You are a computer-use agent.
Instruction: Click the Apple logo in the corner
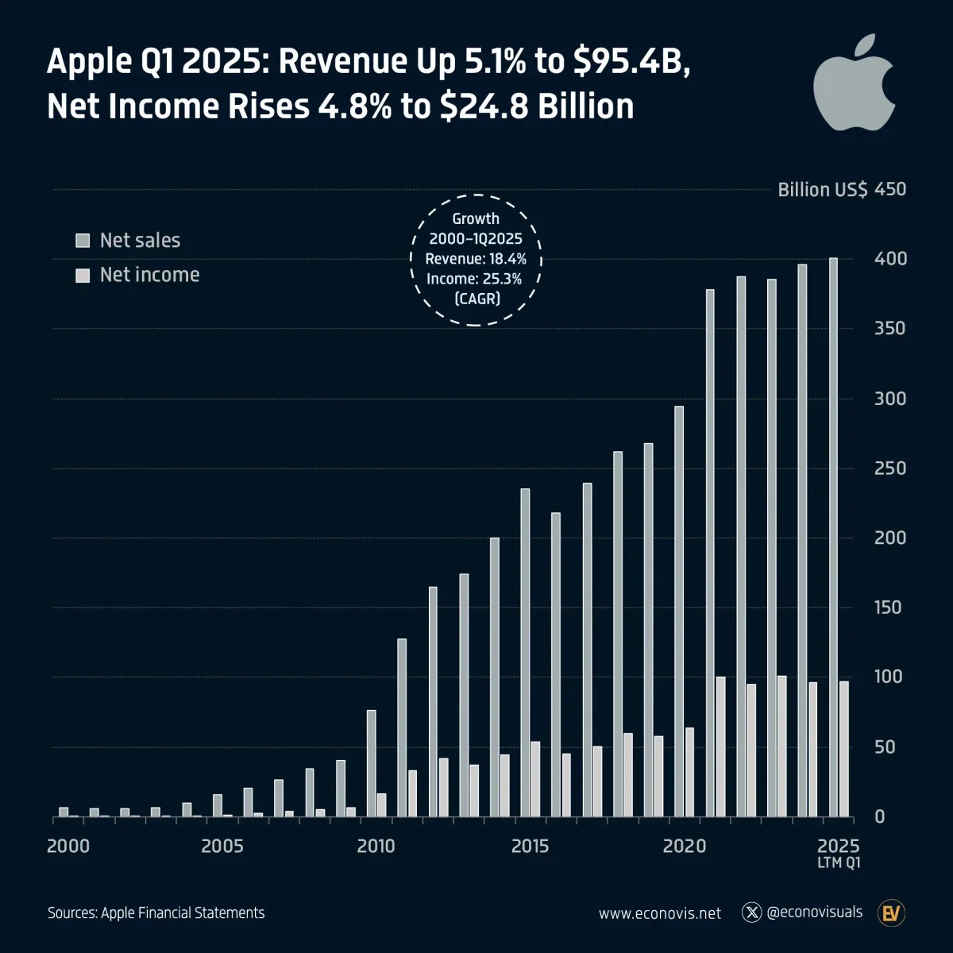[855, 84]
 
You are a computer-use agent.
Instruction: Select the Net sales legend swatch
[83, 241]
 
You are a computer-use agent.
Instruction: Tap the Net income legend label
[149, 275]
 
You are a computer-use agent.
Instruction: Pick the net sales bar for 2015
[525, 652]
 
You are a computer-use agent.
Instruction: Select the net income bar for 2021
[720, 747]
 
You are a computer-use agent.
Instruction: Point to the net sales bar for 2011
[402, 727]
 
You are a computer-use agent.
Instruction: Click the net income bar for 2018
[628, 774]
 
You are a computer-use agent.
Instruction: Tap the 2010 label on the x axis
[376, 847]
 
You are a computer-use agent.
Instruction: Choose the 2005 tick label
[222, 847]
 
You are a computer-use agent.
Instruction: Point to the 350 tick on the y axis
[889, 329]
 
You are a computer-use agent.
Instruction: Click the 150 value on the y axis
[889, 608]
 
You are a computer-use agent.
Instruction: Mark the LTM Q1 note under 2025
[839, 863]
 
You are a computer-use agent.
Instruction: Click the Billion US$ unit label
[822, 190]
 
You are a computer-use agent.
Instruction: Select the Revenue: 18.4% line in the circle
[476, 259]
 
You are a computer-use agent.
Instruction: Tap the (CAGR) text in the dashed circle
[476, 299]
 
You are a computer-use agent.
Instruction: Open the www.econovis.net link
[660, 913]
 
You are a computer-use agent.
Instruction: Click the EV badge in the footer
[892, 913]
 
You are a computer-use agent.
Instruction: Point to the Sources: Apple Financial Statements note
[156, 913]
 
